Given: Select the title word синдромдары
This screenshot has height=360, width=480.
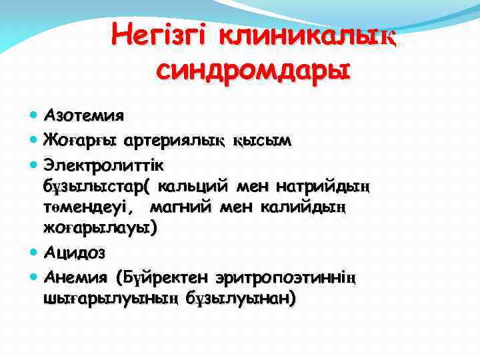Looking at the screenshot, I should pos(253,69).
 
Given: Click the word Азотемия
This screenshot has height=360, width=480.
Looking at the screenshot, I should pos(83,115).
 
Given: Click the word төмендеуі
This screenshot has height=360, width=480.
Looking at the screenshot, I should pos(92,207).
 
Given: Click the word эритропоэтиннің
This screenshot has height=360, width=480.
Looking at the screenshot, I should pos(287,277).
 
